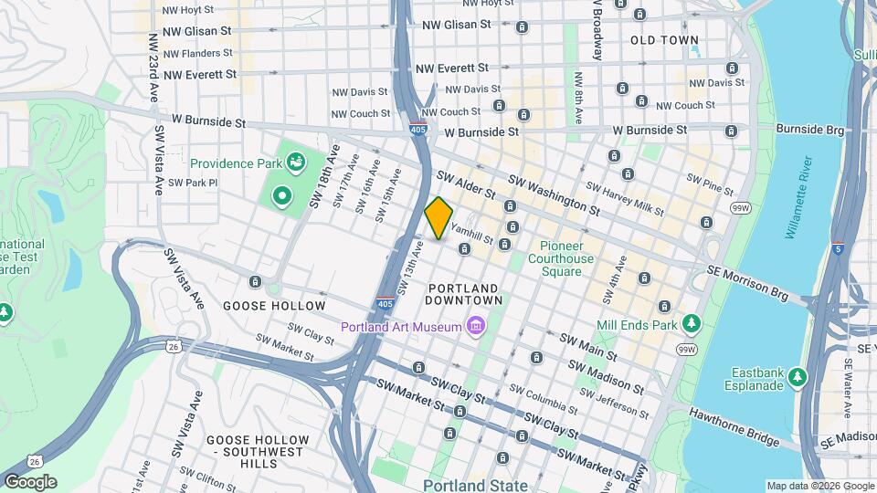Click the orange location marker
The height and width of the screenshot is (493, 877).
tap(439, 218)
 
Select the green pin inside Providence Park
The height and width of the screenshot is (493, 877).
tap(282, 195)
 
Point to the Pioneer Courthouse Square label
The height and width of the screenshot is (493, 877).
tap(566, 258)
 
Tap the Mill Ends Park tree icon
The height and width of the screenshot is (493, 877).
tap(692, 324)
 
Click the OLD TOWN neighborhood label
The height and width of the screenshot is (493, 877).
tap(664, 40)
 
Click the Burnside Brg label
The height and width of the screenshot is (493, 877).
tap(809, 130)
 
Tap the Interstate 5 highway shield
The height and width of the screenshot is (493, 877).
tap(838, 247)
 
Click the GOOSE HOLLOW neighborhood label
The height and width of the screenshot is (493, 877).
tap(274, 306)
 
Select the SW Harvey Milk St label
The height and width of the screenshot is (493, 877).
tap(625, 200)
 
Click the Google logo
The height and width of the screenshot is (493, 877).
tap(30, 482)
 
